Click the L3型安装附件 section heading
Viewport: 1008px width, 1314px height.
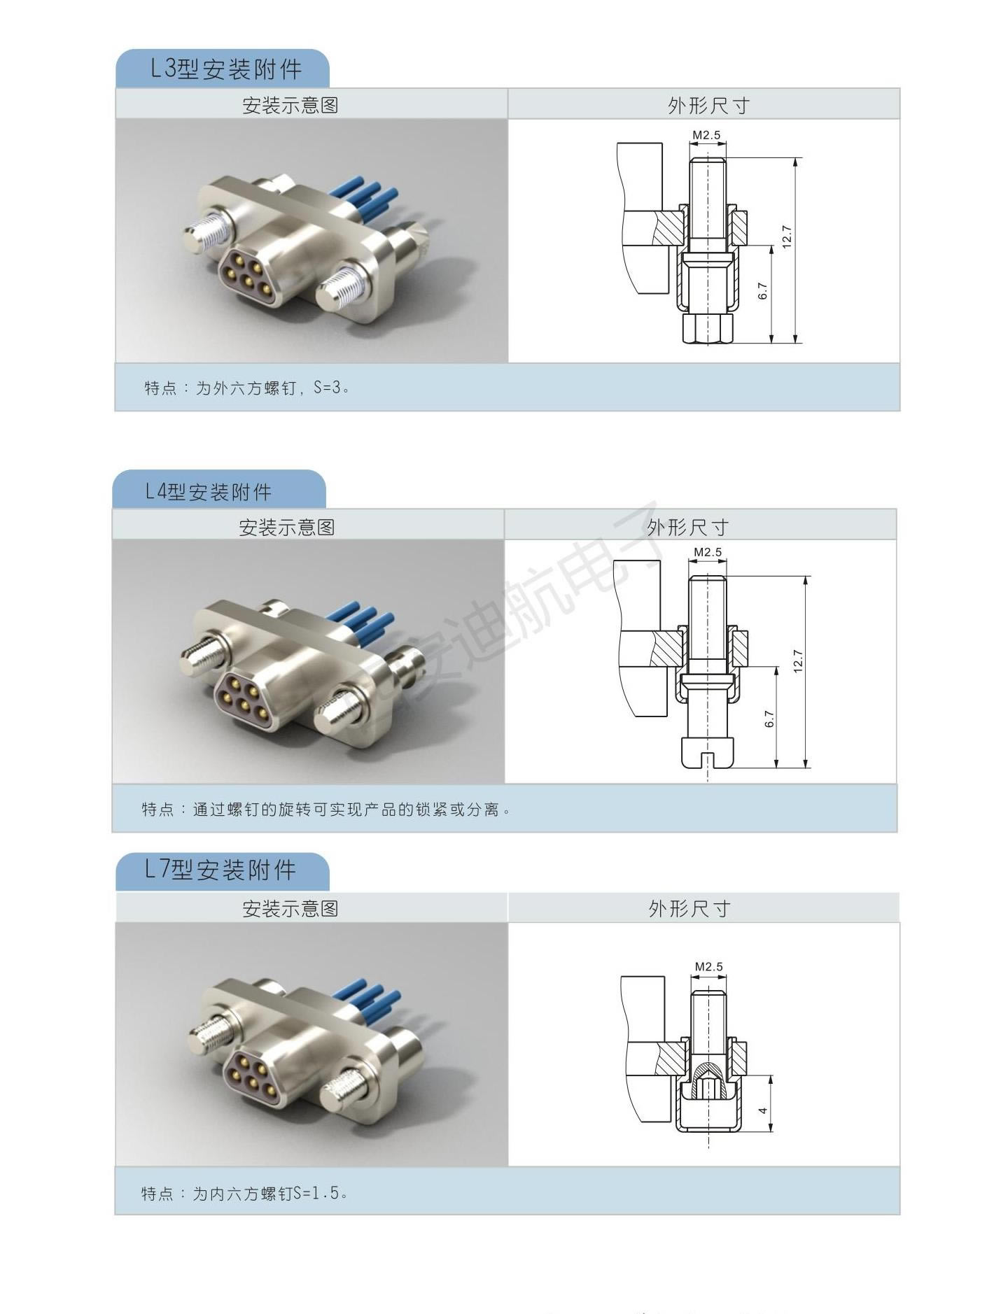pos(226,69)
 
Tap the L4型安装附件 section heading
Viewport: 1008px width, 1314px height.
pos(208,492)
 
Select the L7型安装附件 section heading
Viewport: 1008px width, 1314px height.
pos(220,870)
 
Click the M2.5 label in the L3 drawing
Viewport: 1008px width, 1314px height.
pos(706,135)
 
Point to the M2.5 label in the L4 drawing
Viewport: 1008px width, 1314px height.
pos(708,552)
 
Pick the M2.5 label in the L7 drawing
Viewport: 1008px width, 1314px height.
pos(709,966)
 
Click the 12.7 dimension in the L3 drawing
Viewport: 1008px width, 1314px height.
pos(787,236)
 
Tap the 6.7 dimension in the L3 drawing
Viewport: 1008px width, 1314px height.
pos(763,291)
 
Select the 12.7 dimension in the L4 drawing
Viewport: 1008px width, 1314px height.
pos(798,661)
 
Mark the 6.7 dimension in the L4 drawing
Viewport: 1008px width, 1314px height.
pos(769,719)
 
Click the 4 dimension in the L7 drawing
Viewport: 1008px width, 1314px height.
pos(764,1110)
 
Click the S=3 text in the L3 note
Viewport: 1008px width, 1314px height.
pos(330,387)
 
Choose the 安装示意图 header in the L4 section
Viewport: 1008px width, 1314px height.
pos(287,527)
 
